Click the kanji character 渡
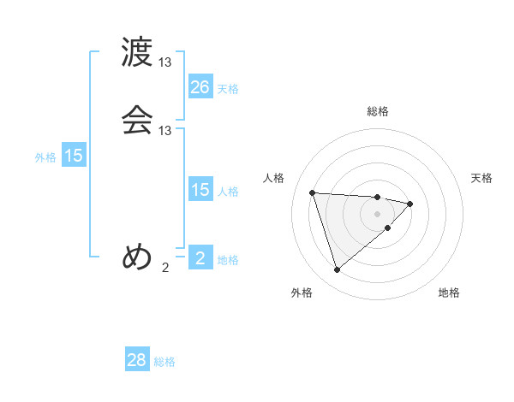[x=137, y=53]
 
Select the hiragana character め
[x=137, y=257]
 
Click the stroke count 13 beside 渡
[x=165, y=62]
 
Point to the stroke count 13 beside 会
[x=165, y=130]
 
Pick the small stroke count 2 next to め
[x=165, y=267]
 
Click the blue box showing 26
[x=200, y=87]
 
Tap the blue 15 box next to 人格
[x=200, y=190]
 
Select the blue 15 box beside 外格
[x=74, y=156]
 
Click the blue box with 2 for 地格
[x=200, y=258]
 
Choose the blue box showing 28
[x=137, y=360]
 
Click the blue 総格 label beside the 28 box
[x=165, y=362]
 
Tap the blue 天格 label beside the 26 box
[x=228, y=89]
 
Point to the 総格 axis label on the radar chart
[x=378, y=111]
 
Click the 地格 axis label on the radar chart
[x=449, y=293]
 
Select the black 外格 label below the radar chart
[x=302, y=293]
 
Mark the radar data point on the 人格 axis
[x=313, y=192]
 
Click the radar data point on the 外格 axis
[x=338, y=270]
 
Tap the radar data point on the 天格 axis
[x=410, y=204]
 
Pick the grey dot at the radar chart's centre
[x=378, y=212]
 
